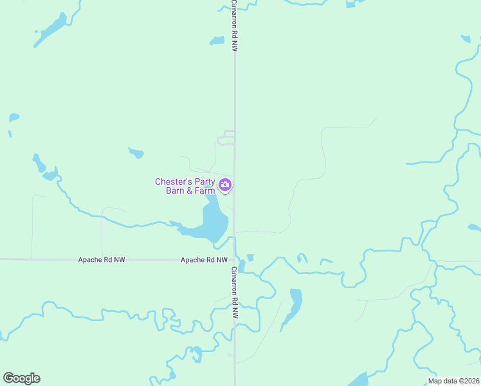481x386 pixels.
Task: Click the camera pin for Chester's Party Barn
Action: pyautogui.click(x=225, y=185)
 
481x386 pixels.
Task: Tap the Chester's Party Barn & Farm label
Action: pyautogui.click(x=185, y=186)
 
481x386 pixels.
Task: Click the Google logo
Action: pyautogui.click(x=21, y=378)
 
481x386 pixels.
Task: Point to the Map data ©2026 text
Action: pyautogui.click(x=453, y=381)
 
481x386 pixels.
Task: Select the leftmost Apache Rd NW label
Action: pyautogui.click(x=102, y=260)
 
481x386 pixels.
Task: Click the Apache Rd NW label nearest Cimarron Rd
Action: pyautogui.click(x=204, y=260)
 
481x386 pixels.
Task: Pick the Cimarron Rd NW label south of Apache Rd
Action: pyautogui.click(x=235, y=293)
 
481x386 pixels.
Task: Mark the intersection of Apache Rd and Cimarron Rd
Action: pyautogui.click(x=235, y=259)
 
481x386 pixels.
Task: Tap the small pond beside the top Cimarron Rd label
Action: pyautogui.click(x=217, y=41)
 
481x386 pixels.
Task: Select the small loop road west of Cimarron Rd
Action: pyautogui.click(x=225, y=138)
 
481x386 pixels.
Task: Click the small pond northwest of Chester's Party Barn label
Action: pyautogui.click(x=136, y=153)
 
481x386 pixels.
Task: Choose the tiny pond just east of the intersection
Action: pyautogui.click(x=250, y=258)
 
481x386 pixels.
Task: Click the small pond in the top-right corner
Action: pyautogui.click(x=466, y=39)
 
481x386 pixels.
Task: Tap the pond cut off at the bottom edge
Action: pyautogui.click(x=359, y=380)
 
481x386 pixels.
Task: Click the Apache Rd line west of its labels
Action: pyautogui.click(x=39, y=259)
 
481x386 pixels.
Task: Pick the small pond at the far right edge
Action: pyautogui.click(x=475, y=228)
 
